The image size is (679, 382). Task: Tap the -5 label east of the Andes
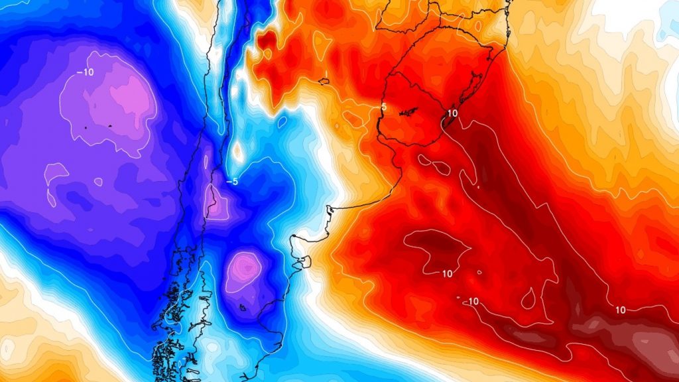(232, 181)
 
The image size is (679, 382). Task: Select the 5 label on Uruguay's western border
(383, 107)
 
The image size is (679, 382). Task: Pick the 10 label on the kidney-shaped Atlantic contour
(447, 273)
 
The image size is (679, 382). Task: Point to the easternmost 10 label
(621, 310)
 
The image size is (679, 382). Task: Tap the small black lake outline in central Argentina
(324, 82)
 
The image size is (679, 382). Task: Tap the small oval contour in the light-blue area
(282, 122)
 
